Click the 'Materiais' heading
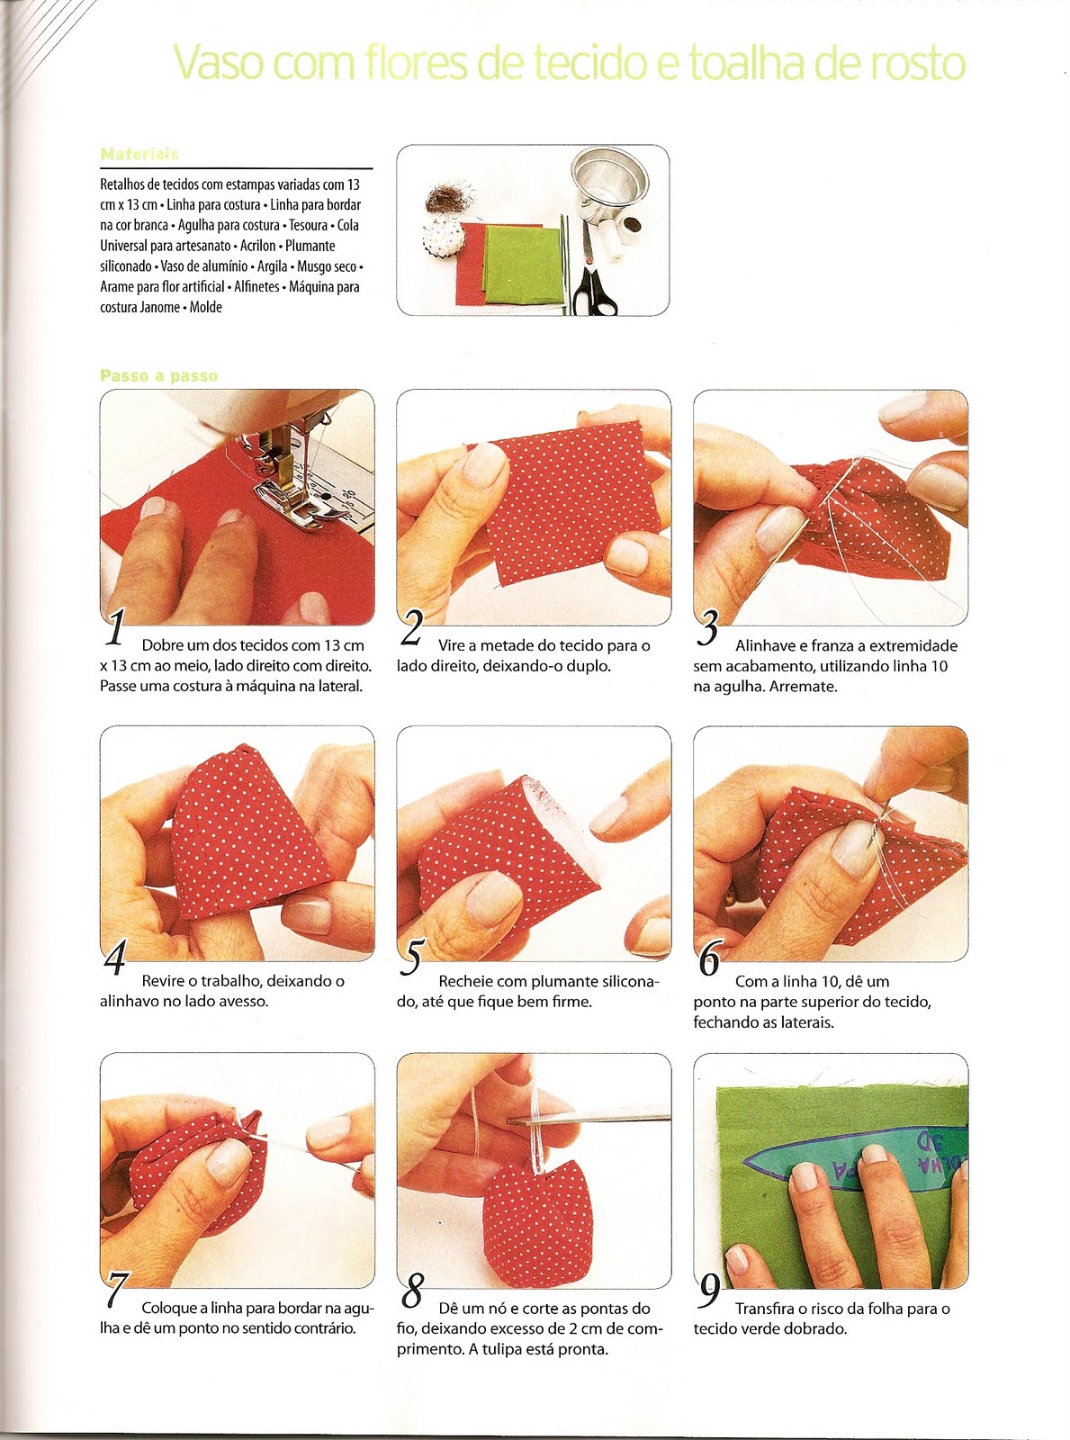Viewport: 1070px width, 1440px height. tap(139, 154)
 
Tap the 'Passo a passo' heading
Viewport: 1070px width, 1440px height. tap(158, 375)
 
